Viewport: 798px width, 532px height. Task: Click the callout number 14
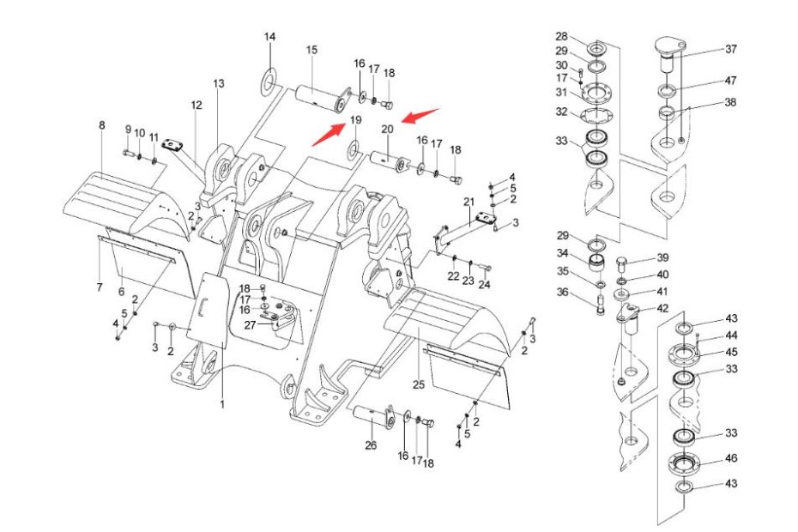(x=269, y=37)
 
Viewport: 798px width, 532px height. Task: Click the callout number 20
(x=387, y=129)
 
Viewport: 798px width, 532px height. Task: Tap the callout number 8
(x=101, y=125)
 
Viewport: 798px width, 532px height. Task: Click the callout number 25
(x=419, y=384)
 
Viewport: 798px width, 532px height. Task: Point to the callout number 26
(x=371, y=444)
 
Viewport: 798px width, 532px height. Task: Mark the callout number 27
(x=250, y=324)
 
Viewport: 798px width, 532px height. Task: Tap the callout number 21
(x=469, y=202)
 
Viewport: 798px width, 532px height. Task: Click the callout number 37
(x=730, y=49)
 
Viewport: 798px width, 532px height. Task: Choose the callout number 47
(x=730, y=81)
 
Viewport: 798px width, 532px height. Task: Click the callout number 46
(x=730, y=459)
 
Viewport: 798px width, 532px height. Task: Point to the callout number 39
(x=662, y=257)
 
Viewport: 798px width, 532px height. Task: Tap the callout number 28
(x=561, y=36)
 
